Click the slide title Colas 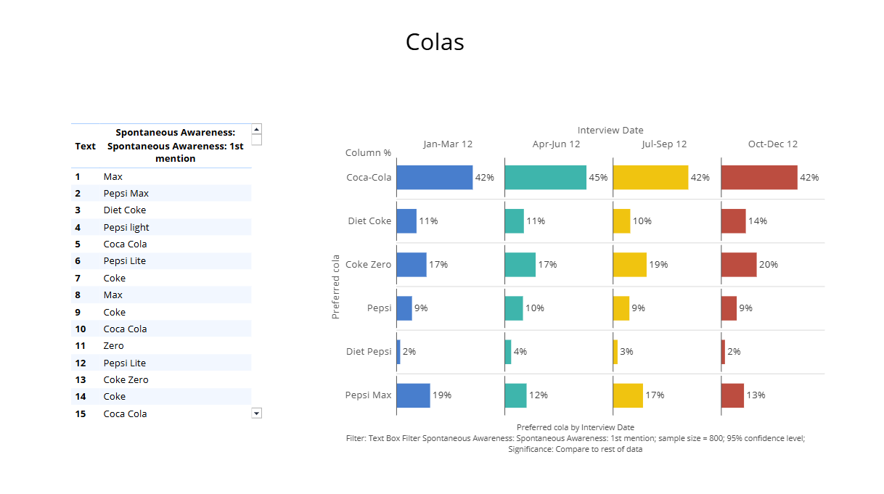(435, 42)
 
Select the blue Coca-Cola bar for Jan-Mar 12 (434, 178)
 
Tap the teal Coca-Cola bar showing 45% (545, 178)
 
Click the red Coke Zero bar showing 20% (739, 265)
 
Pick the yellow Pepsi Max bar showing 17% (628, 395)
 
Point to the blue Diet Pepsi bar (398, 352)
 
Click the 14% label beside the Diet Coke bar (758, 221)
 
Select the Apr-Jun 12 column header (557, 144)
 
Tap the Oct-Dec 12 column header (773, 144)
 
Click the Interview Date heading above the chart (610, 131)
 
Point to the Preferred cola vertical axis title (335, 287)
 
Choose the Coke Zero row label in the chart (368, 265)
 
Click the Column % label (368, 153)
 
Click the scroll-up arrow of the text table (256, 129)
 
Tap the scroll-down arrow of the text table (256, 413)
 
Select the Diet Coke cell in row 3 (125, 210)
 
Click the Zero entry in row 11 (114, 346)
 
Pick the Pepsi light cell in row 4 (126, 228)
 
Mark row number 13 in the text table (80, 380)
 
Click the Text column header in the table (85, 147)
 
